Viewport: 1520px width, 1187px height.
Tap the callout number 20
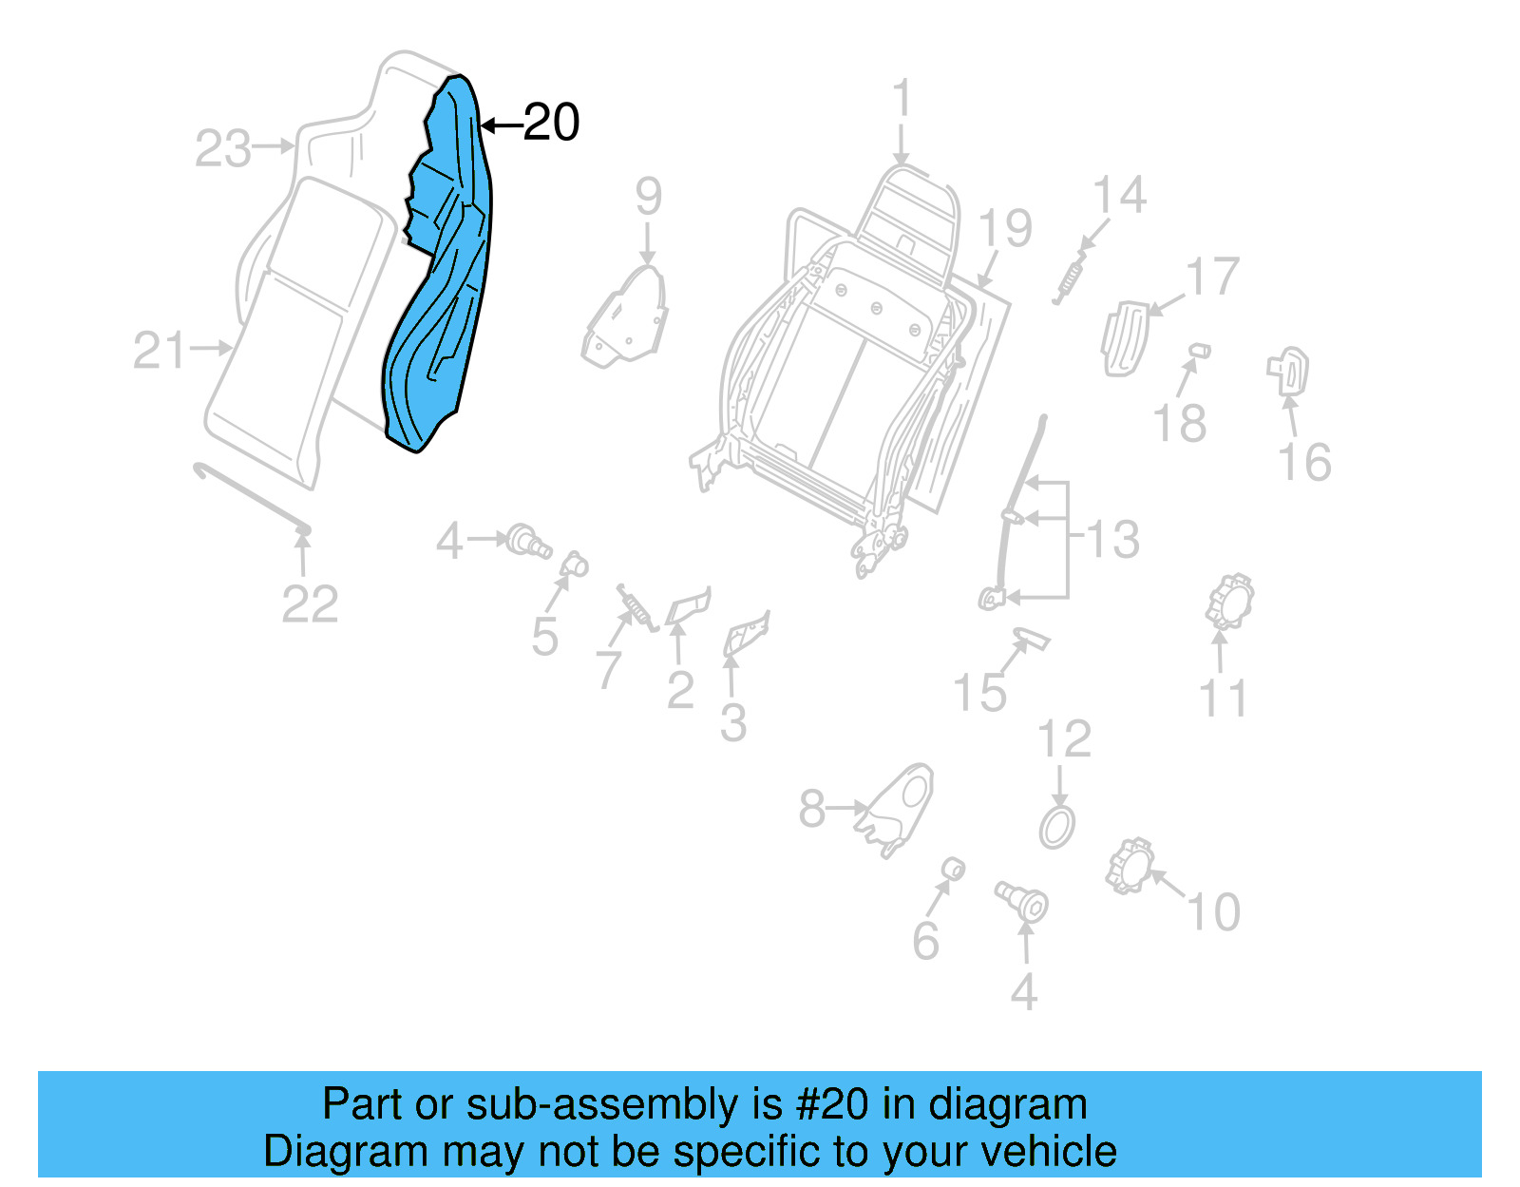click(551, 124)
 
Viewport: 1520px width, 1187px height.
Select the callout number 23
click(223, 149)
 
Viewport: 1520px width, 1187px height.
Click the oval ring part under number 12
click(1056, 827)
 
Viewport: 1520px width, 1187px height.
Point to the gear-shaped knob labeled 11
click(1229, 603)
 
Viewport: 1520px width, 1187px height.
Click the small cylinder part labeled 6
click(953, 869)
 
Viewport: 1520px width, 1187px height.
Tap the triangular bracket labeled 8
click(898, 808)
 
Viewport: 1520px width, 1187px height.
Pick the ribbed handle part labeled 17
click(1123, 337)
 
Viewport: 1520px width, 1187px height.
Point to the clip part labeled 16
click(1289, 371)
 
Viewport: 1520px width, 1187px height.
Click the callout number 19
click(1005, 229)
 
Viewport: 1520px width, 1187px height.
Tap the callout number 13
click(1112, 540)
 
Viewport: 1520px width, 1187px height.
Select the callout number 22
click(310, 604)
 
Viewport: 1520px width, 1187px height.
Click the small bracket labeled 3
click(747, 635)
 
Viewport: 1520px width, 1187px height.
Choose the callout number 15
click(979, 693)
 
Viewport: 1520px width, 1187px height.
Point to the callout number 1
click(902, 100)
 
